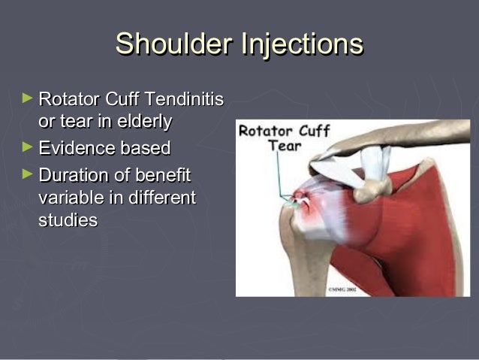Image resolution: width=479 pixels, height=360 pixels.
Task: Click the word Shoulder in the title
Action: (x=173, y=44)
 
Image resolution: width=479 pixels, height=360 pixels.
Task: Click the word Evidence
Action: (x=71, y=148)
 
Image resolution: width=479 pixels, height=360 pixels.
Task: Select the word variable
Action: (x=67, y=198)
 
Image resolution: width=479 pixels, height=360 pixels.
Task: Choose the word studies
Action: (x=68, y=221)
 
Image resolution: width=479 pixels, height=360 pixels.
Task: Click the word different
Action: (x=158, y=198)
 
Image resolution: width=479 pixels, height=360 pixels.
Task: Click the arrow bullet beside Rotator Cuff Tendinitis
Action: (x=28, y=98)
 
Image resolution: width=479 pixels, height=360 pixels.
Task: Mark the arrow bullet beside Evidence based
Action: (x=28, y=147)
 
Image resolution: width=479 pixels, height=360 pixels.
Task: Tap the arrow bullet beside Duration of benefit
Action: (x=28, y=175)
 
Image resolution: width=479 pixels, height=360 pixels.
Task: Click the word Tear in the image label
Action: (x=284, y=146)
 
